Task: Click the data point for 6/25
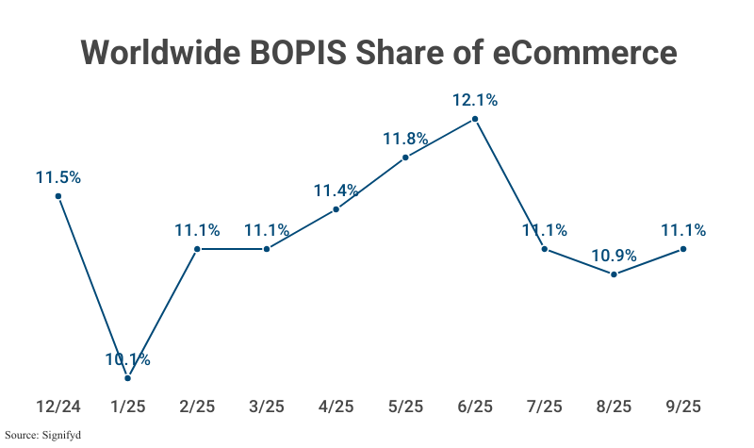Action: (475, 120)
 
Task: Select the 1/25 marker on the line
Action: (128, 378)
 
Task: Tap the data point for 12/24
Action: (58, 196)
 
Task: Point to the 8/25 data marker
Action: (614, 274)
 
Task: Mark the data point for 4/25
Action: (336, 209)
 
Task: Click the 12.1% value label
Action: (475, 99)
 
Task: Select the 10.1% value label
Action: (128, 359)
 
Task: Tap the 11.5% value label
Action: (58, 176)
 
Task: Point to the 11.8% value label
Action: (405, 139)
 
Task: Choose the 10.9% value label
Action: (614, 255)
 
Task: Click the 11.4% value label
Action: (336, 191)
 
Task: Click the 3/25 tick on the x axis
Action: (267, 407)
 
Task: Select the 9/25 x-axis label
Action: (683, 407)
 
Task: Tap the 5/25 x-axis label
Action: (405, 407)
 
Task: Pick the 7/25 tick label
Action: (545, 407)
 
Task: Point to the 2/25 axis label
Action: (197, 407)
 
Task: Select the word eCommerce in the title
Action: (585, 52)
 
